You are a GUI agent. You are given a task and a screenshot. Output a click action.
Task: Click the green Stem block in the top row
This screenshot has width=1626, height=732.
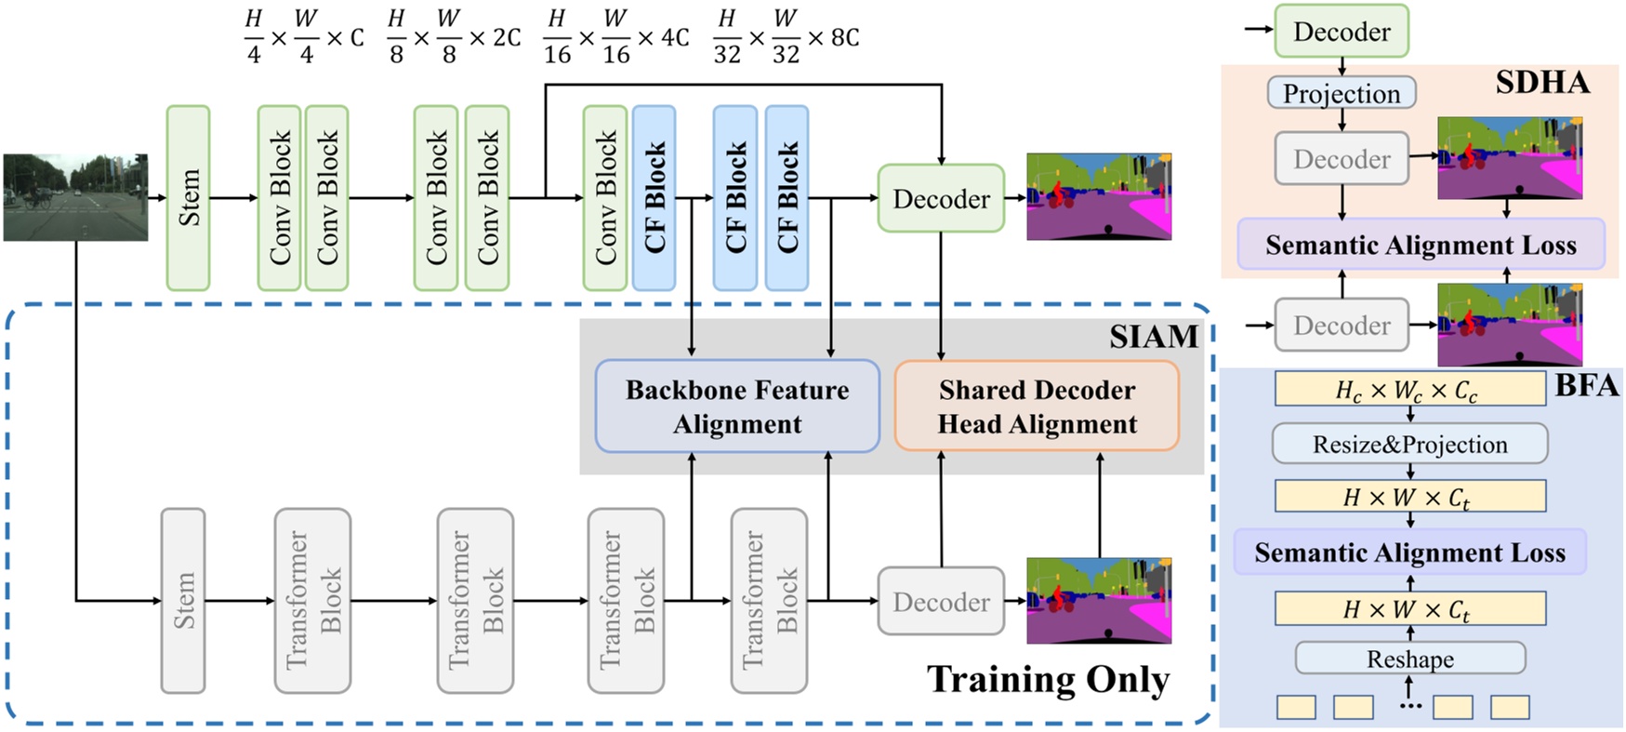click(x=188, y=197)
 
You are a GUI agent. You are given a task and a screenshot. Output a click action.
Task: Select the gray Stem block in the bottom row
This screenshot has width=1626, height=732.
click(x=183, y=600)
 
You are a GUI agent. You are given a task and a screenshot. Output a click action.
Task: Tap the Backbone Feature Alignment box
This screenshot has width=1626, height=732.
click(x=736, y=406)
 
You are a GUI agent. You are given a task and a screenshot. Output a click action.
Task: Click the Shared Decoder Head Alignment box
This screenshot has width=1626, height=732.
click(x=1036, y=406)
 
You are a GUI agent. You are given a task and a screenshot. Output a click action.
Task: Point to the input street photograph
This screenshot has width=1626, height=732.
click(x=75, y=197)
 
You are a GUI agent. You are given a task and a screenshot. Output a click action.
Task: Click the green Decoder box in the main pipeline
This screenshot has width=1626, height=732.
click(x=941, y=198)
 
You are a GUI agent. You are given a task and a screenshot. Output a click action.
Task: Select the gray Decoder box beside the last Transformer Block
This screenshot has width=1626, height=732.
click(x=941, y=602)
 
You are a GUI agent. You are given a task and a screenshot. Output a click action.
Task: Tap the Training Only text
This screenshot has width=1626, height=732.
click(x=1048, y=679)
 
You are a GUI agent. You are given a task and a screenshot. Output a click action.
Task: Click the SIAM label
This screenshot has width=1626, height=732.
click(x=1153, y=337)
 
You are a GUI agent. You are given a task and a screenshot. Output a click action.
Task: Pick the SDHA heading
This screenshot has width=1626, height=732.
click(x=1541, y=83)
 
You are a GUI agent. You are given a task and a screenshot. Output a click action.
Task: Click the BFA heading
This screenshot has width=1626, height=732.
click(x=1586, y=386)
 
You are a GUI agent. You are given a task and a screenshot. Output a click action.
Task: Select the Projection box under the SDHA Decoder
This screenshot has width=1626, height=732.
click(x=1341, y=93)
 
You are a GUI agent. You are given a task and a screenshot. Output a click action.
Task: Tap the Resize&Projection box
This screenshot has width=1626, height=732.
click(x=1409, y=444)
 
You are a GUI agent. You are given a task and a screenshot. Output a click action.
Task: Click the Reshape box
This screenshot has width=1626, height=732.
click(x=1409, y=659)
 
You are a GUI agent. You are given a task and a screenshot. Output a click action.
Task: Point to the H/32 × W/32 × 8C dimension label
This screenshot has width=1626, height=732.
click(x=786, y=37)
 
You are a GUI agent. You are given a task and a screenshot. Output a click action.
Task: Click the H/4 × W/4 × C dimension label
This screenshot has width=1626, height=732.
click(x=303, y=37)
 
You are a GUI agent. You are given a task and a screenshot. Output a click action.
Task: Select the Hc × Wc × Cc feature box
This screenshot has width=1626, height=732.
click(x=1409, y=390)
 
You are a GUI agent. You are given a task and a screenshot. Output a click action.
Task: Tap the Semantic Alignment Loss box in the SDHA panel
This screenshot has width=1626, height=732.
click(x=1420, y=245)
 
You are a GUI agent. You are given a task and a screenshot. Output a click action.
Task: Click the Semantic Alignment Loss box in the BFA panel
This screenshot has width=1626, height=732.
click(x=1409, y=552)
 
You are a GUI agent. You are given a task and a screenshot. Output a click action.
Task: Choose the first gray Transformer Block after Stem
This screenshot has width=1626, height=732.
click(x=312, y=600)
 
